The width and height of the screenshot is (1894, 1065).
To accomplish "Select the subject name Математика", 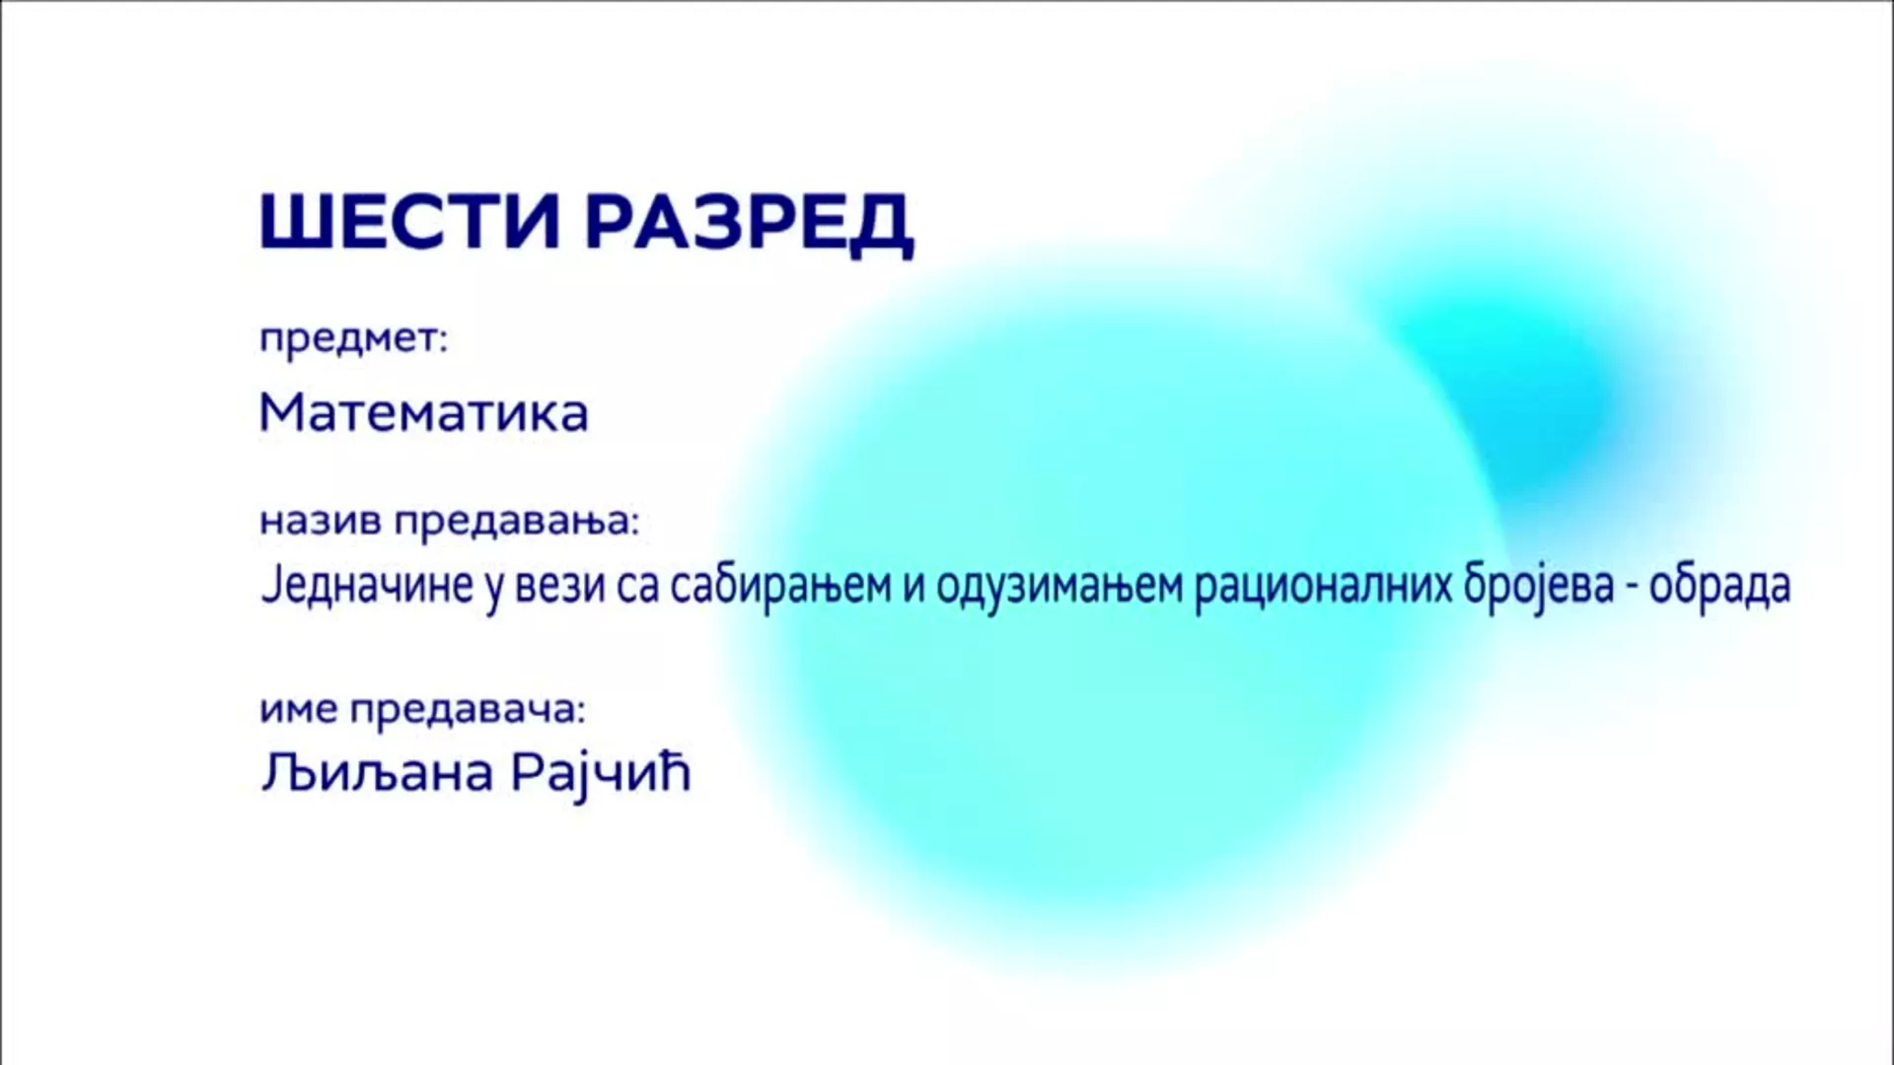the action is pyautogui.click(x=424, y=413).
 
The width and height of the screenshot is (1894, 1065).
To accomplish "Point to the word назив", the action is pyautogui.click(x=320, y=521).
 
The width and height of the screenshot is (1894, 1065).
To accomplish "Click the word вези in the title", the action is pyautogui.click(x=556, y=587).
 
